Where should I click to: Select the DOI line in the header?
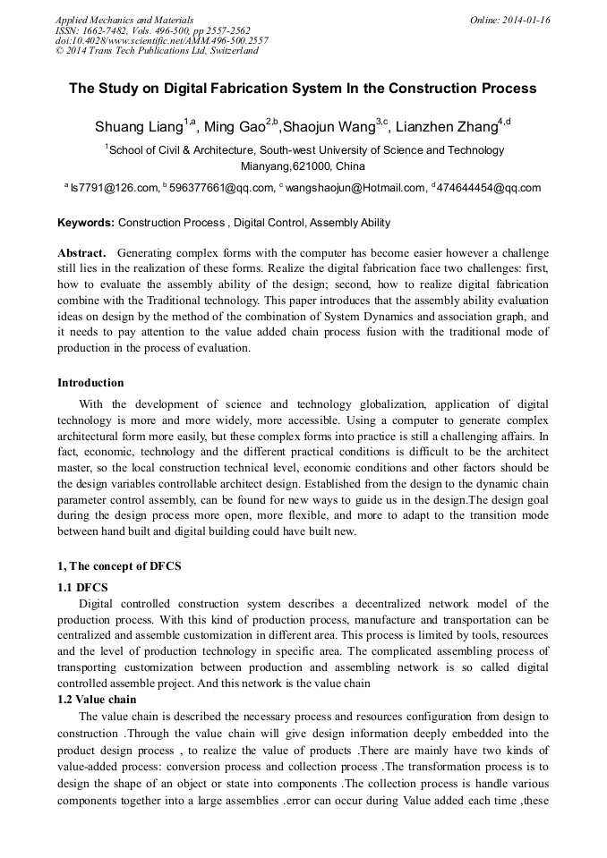click(161, 40)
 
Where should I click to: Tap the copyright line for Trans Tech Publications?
click(157, 51)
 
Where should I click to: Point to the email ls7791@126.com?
click(112, 188)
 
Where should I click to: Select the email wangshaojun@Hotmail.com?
click(355, 188)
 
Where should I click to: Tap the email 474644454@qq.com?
click(489, 188)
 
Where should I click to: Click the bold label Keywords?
click(86, 223)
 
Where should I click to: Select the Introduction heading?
click(90, 383)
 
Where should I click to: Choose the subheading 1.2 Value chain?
click(97, 699)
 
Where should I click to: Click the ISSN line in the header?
click(152, 30)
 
